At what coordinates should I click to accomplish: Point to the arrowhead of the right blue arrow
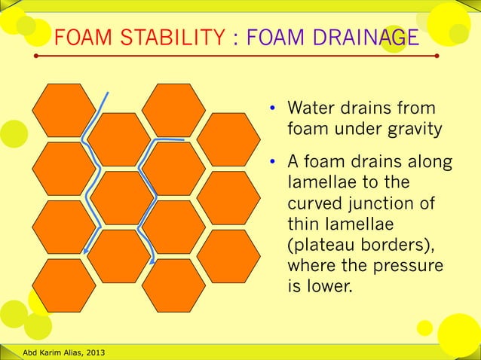[x=154, y=261]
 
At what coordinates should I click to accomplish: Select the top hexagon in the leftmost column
[x=64, y=109]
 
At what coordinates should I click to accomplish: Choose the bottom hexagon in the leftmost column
[x=64, y=285]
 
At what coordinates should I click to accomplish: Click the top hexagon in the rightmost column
[x=228, y=139]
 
